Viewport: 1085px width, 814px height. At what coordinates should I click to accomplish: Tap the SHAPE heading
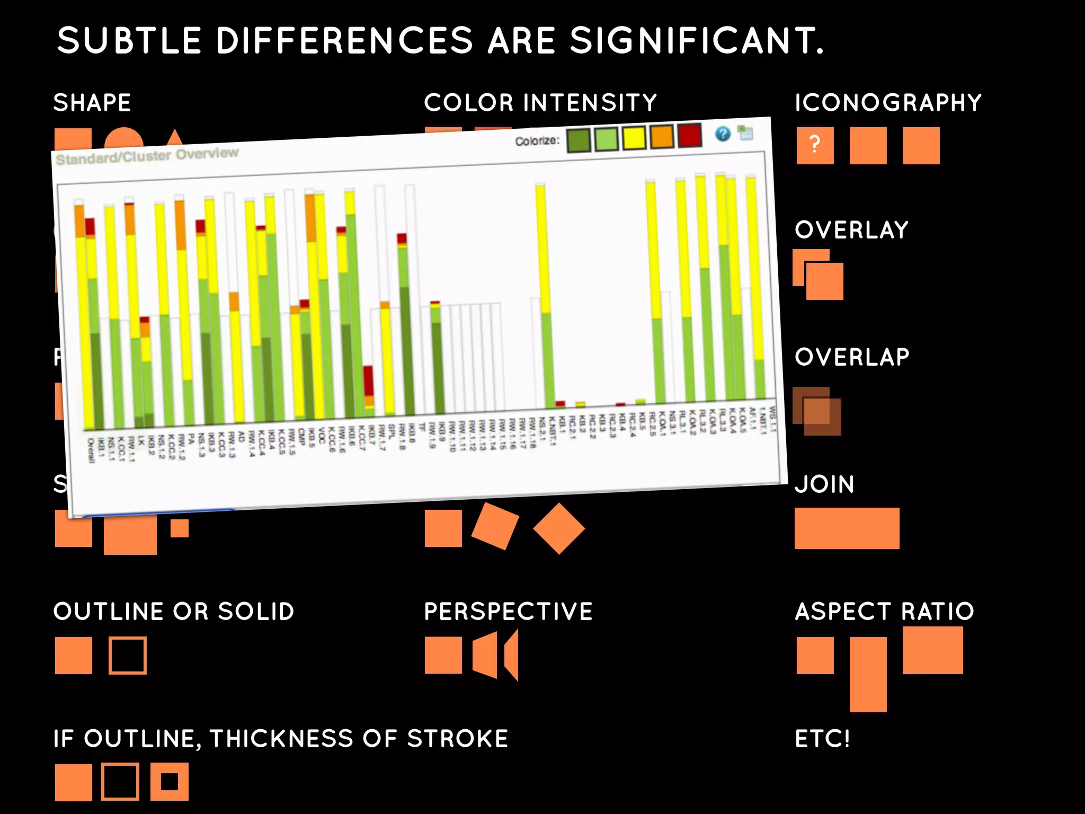coord(92,103)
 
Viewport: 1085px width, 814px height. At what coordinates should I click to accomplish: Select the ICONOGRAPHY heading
coord(888,103)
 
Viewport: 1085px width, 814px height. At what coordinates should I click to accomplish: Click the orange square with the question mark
coord(815,145)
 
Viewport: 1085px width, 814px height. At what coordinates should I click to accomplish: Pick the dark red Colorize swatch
coord(689,136)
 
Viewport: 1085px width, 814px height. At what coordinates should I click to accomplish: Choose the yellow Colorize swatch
coord(634,138)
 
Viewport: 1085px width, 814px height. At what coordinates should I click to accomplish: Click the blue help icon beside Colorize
coord(723,134)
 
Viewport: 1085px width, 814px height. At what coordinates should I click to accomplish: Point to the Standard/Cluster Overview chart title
coord(147,156)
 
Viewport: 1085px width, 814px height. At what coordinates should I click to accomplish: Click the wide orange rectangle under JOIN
coord(847,528)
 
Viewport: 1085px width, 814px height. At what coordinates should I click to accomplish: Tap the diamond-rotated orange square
coord(559,528)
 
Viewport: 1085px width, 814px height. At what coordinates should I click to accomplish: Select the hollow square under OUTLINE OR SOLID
coord(128,656)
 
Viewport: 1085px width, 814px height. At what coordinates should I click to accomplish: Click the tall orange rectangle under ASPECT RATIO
coord(868,674)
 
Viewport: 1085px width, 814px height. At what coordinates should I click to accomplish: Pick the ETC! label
coord(822,739)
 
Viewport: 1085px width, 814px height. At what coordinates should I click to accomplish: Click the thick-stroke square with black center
coord(170,782)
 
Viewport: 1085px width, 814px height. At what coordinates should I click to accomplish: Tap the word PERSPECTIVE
coord(508,612)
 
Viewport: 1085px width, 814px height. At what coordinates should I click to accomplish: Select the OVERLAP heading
coord(852,357)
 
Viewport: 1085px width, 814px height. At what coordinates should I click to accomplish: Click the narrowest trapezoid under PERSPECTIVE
coord(512,656)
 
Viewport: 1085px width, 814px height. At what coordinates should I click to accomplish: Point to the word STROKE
coord(457,739)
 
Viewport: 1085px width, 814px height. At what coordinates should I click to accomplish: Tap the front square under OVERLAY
coord(825,281)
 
